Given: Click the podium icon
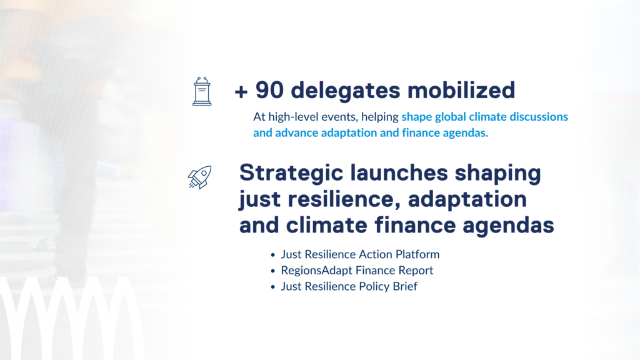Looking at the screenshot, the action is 202,91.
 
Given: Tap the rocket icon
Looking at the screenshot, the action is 199,177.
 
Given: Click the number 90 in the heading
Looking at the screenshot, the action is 269,90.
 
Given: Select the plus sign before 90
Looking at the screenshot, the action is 241,92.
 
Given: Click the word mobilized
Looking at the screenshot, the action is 461,90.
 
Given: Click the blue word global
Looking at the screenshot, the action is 450,117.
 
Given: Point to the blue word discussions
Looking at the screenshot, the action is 539,117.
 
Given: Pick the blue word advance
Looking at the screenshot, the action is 297,132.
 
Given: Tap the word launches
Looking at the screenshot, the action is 399,172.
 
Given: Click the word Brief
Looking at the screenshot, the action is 405,286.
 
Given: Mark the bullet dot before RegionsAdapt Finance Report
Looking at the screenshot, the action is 273,271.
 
